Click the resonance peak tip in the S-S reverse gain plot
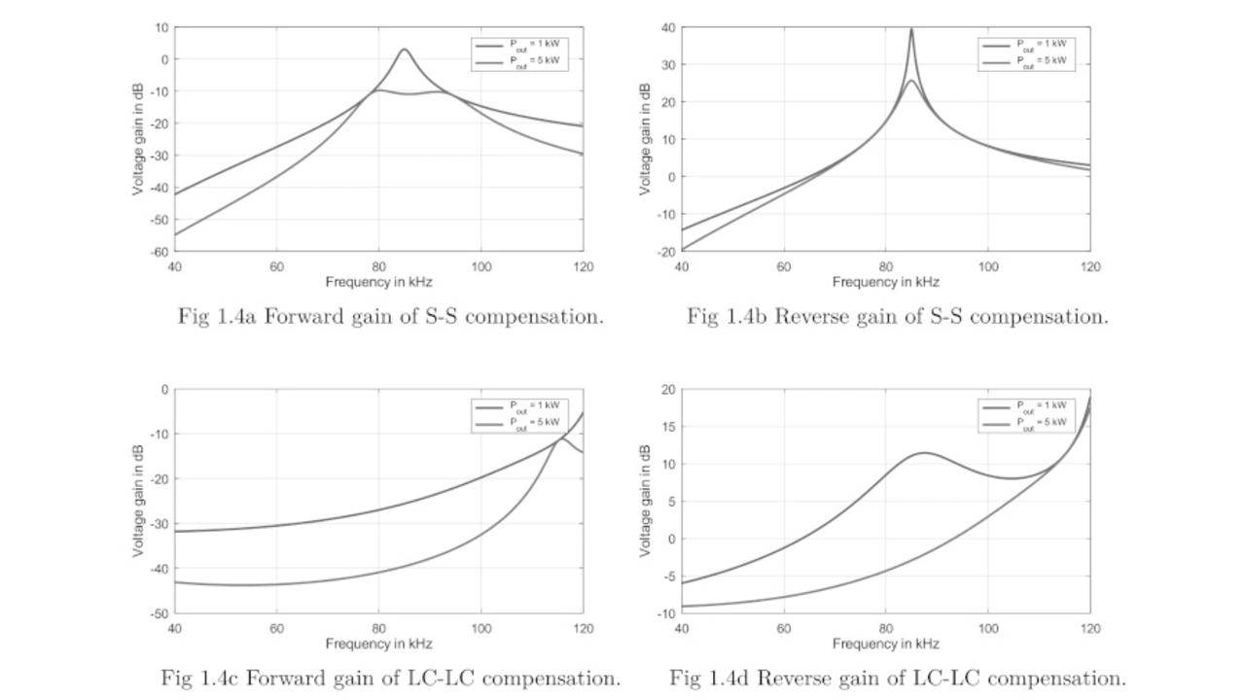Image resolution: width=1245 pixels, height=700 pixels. click(911, 29)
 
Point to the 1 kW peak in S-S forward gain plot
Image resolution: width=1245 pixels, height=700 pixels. click(404, 50)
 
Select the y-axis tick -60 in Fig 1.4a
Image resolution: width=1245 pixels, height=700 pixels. click(158, 252)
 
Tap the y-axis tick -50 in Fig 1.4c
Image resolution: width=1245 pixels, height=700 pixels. click(158, 613)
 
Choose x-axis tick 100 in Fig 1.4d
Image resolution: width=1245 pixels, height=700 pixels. click(987, 628)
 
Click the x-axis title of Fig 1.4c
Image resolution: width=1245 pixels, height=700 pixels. click(378, 644)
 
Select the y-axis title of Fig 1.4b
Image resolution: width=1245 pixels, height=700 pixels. click(645, 139)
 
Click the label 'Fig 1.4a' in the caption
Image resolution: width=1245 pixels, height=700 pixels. click(212, 316)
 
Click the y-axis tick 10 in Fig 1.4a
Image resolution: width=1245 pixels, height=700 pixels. click(160, 27)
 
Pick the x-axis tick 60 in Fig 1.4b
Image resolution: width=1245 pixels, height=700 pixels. click(783, 266)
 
